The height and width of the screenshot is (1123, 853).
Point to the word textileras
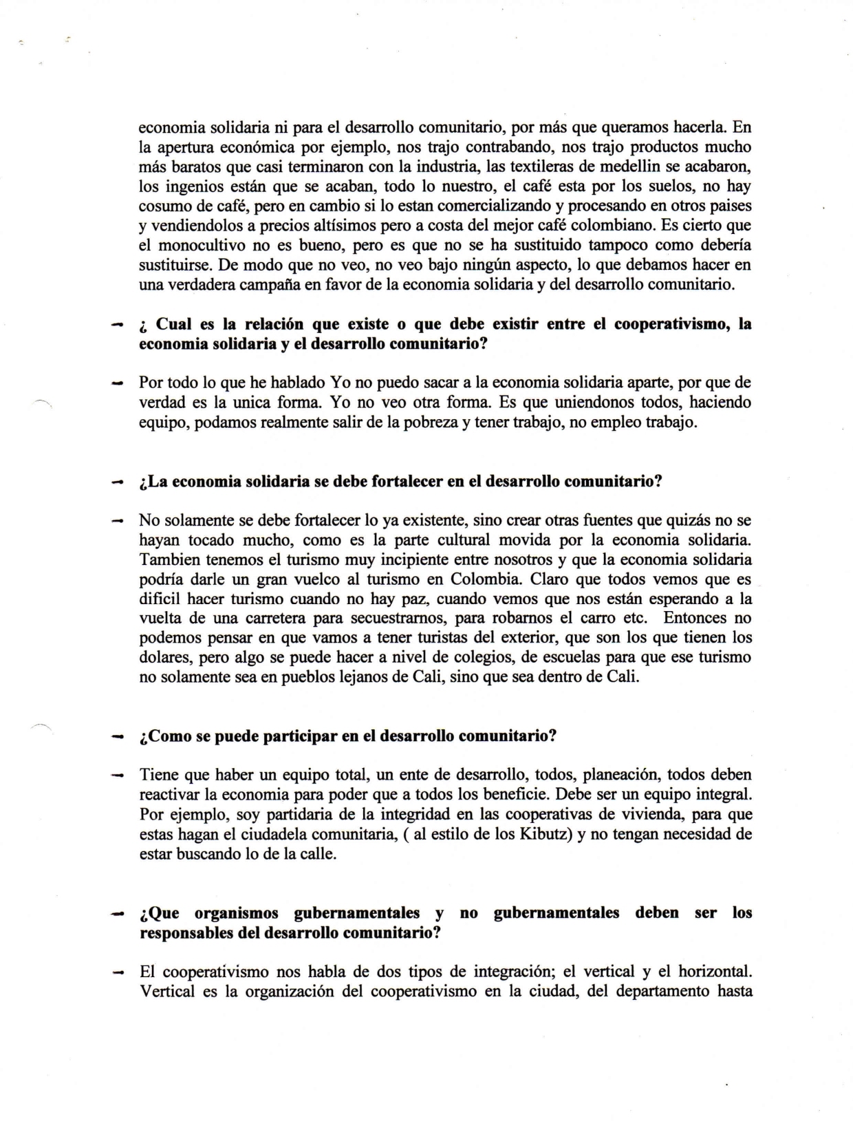coord(550,167)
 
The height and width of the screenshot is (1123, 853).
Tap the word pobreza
coord(430,422)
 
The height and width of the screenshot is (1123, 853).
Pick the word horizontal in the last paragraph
coord(713,972)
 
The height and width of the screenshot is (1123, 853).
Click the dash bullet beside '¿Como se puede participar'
coord(118,736)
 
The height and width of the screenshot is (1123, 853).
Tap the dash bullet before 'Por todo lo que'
coord(118,382)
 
